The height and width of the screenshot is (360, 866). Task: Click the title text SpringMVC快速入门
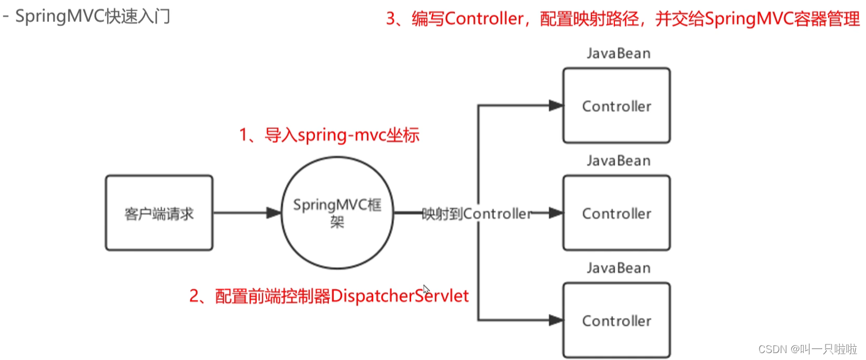coord(92,17)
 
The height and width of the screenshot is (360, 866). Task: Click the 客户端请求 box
coord(159,214)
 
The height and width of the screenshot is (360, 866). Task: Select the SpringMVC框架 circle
coord(337,214)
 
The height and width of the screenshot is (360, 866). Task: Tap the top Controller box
coord(616,106)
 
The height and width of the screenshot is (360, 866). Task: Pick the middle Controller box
coord(616,214)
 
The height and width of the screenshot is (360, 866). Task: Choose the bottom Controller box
coord(616,321)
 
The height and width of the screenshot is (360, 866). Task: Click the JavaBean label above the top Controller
coord(618,54)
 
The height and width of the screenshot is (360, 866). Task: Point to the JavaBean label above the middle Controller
coord(618,161)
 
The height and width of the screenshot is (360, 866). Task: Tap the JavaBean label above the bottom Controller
coord(618,268)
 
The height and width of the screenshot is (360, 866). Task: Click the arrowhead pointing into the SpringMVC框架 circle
coord(274,213)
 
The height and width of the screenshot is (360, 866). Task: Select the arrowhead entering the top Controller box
coord(555,105)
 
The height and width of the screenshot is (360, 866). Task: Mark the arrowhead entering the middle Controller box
coord(555,213)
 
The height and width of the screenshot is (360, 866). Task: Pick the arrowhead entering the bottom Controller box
coord(555,320)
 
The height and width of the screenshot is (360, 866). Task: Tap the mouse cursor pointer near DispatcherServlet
coord(426,290)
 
